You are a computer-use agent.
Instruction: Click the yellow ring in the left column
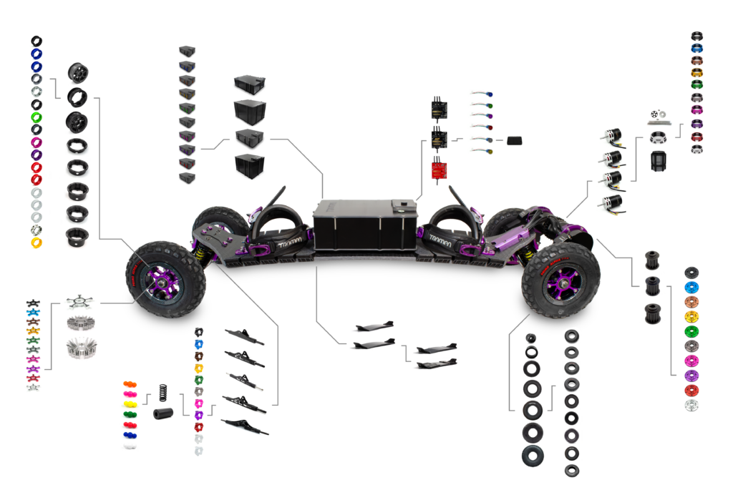tap(36, 242)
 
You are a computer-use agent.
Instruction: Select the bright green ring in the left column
tap(36, 117)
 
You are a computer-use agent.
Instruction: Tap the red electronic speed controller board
tap(438, 170)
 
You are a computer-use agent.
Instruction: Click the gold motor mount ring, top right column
tap(696, 72)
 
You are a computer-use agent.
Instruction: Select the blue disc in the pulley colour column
tap(691, 287)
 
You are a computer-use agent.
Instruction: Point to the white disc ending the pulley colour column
tap(691, 406)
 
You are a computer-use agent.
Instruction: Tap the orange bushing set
tap(130, 384)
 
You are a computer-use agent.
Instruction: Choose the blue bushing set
tap(130, 434)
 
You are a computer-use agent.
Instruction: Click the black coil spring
tap(161, 393)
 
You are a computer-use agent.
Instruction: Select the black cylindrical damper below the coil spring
tap(162, 413)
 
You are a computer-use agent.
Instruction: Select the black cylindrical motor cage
tap(659, 160)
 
